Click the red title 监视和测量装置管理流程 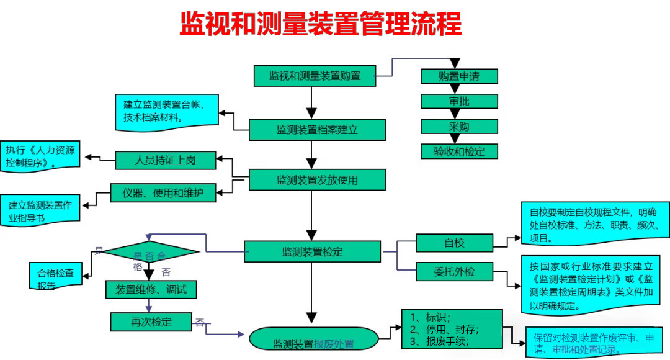pos(321,25)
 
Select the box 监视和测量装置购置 pos(315,76)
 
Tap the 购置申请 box pos(459,76)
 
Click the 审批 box pos(459,101)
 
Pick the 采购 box pos(459,127)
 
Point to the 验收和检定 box pos(459,151)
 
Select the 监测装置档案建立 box pos(317,130)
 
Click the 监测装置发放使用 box pos(317,180)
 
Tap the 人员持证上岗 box pos(165,160)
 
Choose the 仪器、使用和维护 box pos(164,193)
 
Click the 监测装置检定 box pos(312,251)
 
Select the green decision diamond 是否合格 pos(150,253)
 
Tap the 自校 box pos(454,243)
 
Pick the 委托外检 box pos(454,271)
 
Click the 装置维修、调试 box pos(151,289)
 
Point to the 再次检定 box pos(151,322)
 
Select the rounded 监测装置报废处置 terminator pos(313,340)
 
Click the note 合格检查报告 pos(56,277)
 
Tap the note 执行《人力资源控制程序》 pos(40,156)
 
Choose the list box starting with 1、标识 pos(451,328)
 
